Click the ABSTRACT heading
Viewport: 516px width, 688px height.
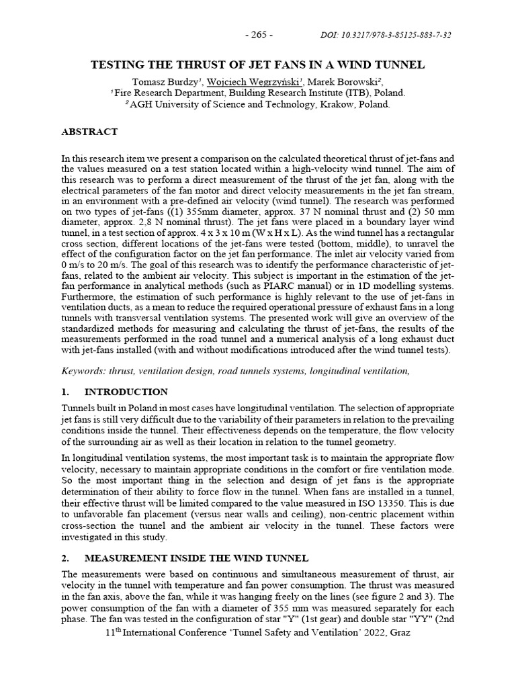pos(89,132)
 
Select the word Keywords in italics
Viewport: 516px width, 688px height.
pos(83,370)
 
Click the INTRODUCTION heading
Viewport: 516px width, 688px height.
pos(126,392)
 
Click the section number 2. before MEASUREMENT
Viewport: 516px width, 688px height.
pos(65,558)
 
